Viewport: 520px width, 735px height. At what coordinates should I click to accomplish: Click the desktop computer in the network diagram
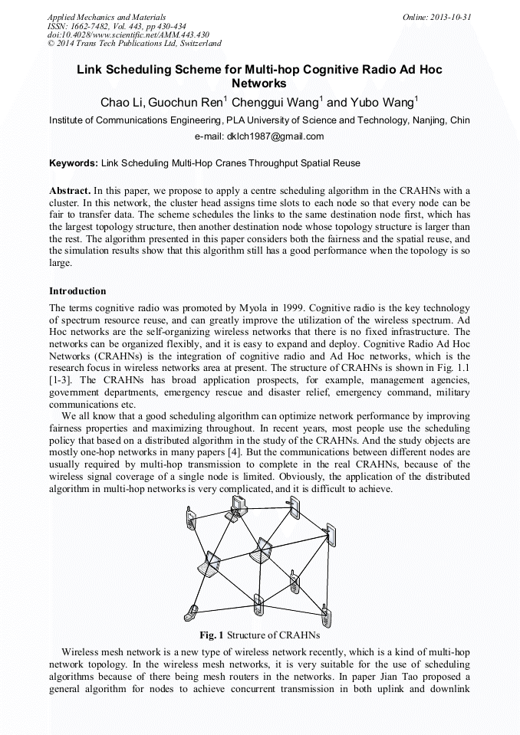click(x=239, y=507)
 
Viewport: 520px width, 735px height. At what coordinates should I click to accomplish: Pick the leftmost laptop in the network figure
click(x=209, y=565)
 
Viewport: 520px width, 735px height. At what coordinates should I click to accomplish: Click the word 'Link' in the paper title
click(x=91, y=69)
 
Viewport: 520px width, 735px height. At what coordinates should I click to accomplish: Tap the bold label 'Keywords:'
click(x=74, y=163)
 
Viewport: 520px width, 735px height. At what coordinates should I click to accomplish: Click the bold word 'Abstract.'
click(x=71, y=190)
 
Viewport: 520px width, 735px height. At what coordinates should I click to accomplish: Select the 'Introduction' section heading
click(x=77, y=291)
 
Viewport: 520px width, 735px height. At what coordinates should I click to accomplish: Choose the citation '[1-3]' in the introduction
click(x=61, y=380)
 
